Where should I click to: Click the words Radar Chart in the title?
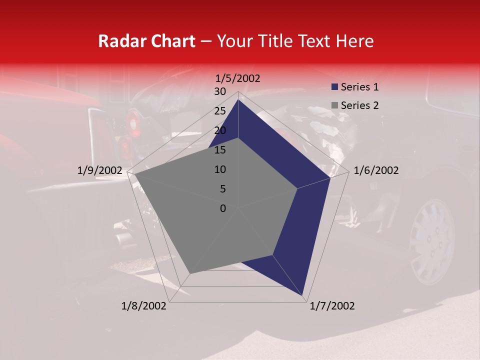pos(146,41)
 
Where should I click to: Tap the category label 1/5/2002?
pos(238,78)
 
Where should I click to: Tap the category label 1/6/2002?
pos(376,170)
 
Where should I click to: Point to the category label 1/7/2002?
pos(332,306)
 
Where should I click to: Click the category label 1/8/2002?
pos(144,306)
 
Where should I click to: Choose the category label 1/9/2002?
pos(100,170)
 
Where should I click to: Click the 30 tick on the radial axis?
pos(219,91)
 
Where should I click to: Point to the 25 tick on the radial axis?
pos(219,111)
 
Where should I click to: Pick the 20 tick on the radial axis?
pos(219,130)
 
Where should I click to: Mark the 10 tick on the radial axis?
pos(219,169)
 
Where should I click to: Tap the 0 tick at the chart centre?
pos(222,208)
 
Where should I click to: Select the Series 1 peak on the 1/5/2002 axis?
pos(238,99)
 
